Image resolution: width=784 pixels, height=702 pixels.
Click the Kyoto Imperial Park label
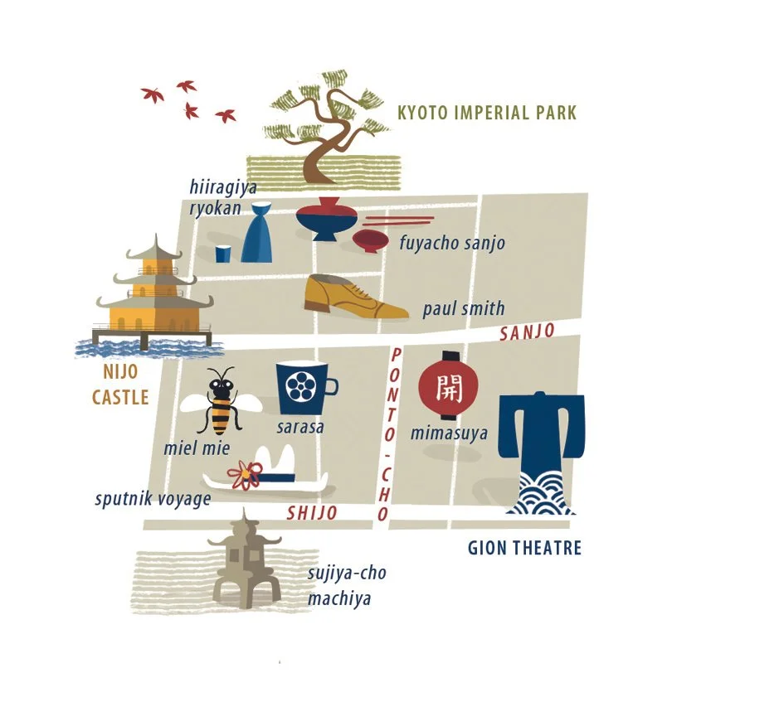click(486, 113)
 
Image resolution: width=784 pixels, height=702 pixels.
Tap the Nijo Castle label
click(120, 385)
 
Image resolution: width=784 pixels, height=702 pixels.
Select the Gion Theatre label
click(524, 548)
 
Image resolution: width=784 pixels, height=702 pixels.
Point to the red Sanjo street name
click(527, 332)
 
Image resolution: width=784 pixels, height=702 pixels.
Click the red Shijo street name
click(312, 513)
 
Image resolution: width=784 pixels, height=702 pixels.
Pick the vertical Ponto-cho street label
click(389, 434)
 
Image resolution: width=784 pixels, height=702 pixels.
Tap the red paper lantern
click(449, 385)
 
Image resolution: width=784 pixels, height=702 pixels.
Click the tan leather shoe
click(352, 297)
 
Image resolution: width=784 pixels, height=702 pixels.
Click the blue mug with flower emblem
click(304, 388)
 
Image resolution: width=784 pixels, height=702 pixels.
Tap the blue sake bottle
click(256, 233)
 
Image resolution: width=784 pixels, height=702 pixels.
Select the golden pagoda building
click(154, 294)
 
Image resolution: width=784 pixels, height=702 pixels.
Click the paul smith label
click(463, 309)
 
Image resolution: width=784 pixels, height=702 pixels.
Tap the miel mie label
click(197, 448)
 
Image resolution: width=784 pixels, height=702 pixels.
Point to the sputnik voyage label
click(153, 499)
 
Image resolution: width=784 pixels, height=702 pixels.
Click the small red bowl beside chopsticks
click(370, 240)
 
